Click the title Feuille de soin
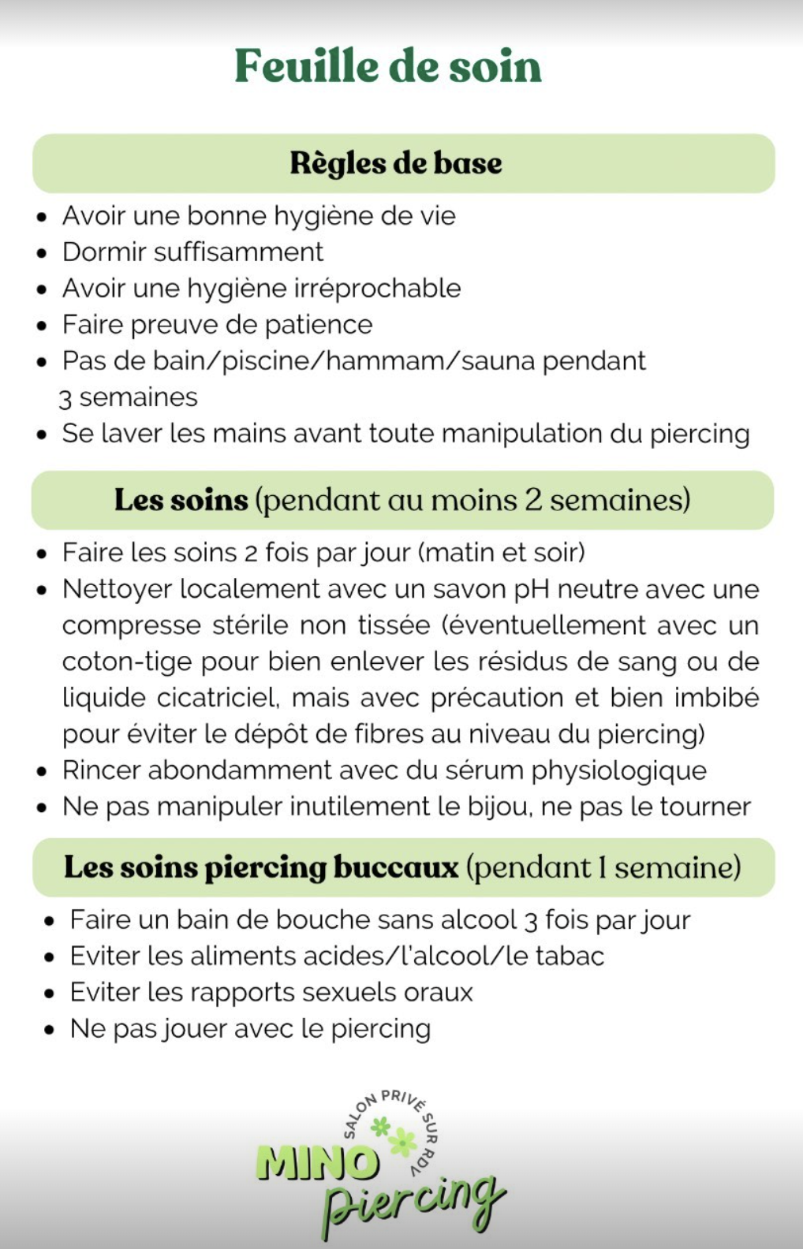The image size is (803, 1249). coord(388,66)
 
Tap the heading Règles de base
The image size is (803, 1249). coord(396,163)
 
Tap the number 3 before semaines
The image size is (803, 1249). coord(65,398)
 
